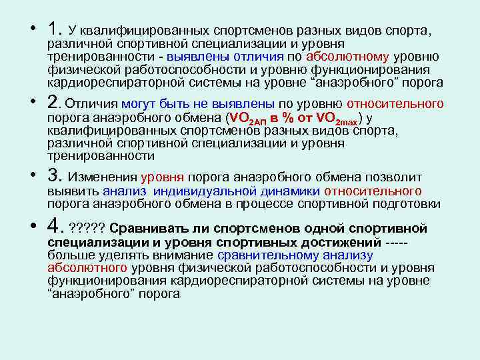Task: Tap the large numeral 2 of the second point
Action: [53, 104]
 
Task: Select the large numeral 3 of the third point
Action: [53, 177]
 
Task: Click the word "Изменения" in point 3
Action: [103, 177]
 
